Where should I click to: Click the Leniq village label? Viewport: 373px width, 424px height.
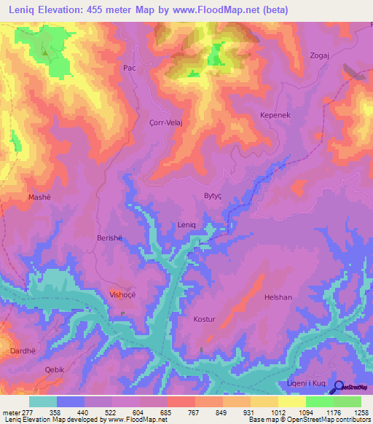point(187,225)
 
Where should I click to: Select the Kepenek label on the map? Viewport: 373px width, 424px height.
point(275,116)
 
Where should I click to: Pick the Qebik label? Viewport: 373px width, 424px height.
point(55,369)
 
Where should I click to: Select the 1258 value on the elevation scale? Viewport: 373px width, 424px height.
point(360,412)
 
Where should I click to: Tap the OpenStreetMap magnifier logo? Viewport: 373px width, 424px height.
point(338,386)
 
